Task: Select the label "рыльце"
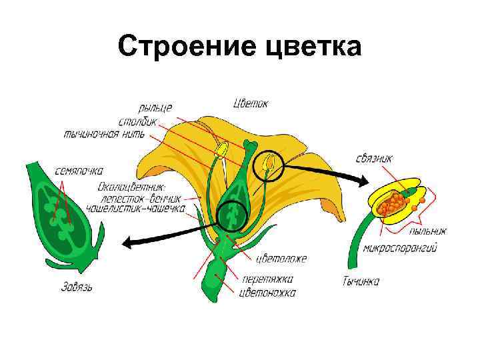[155, 107]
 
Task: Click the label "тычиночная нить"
[109, 134]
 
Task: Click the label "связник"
[375, 158]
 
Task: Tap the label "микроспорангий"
[401, 249]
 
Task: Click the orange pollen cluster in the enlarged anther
[394, 203]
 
